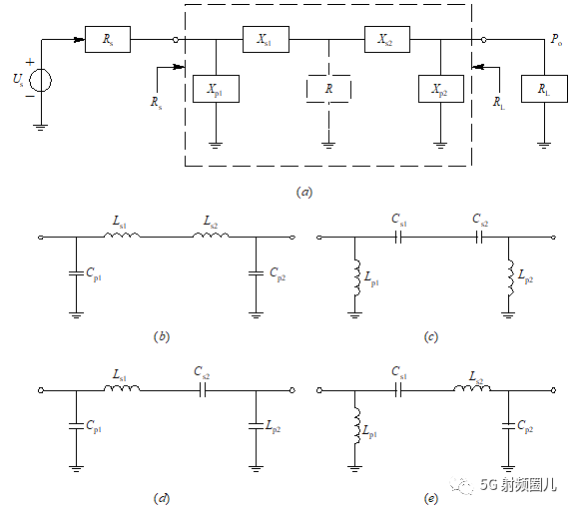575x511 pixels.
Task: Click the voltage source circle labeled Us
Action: (x=41, y=80)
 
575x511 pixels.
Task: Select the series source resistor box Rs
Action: (x=108, y=39)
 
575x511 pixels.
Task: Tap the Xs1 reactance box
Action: (x=266, y=39)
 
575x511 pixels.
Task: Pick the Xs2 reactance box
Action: (x=387, y=39)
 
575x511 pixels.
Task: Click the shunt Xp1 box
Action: (x=216, y=89)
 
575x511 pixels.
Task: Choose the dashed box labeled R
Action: (x=328, y=89)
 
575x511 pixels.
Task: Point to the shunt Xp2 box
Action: (x=441, y=89)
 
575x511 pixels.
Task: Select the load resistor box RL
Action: (x=545, y=89)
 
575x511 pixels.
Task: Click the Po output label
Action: (x=556, y=40)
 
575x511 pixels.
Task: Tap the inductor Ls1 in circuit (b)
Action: (x=122, y=235)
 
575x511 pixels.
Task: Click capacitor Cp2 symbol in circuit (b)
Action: (x=256, y=273)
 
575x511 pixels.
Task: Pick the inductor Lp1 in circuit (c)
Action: (x=356, y=277)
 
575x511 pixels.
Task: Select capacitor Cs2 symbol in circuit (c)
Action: (x=479, y=238)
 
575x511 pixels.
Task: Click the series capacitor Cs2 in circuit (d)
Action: (x=203, y=391)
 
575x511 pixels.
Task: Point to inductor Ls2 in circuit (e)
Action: (x=472, y=388)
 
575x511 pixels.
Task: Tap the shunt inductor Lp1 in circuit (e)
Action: (x=356, y=427)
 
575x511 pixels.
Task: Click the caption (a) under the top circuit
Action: (x=304, y=192)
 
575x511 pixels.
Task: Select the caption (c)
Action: (x=431, y=336)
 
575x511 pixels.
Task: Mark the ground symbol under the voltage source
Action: (x=41, y=128)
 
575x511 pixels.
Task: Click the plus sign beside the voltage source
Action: (x=30, y=62)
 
